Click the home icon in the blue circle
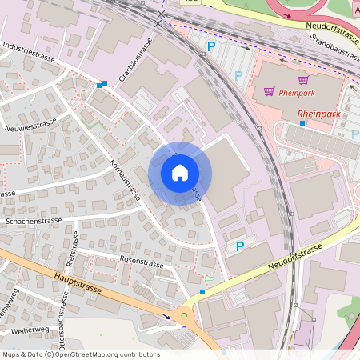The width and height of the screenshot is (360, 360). (x=179, y=172)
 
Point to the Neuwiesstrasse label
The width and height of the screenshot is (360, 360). (x=30, y=123)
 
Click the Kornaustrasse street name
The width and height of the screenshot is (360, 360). (x=124, y=181)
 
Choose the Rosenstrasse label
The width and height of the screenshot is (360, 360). (x=141, y=262)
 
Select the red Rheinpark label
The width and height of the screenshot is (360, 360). (x=318, y=114)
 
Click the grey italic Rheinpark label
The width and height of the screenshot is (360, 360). (x=298, y=94)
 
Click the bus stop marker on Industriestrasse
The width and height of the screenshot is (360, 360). (x=101, y=84)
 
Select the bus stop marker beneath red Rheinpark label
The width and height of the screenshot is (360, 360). (x=302, y=123)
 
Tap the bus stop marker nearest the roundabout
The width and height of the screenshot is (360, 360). (x=202, y=292)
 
